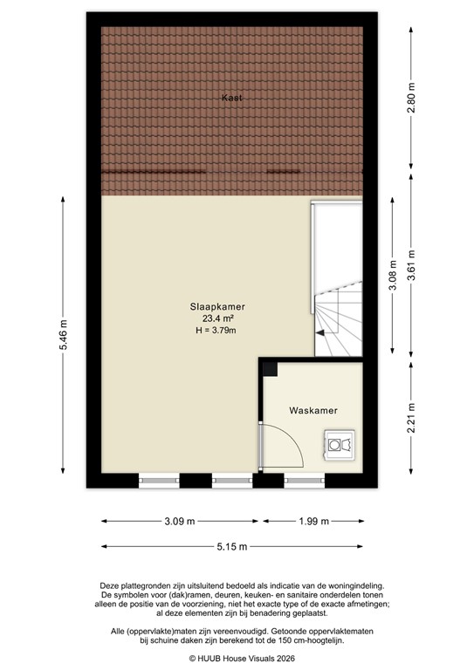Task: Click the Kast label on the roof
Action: coord(230,99)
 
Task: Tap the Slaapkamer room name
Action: coord(217,306)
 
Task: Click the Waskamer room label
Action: coord(313,410)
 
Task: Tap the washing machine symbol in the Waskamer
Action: coord(338,444)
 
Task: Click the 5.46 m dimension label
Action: coord(63,336)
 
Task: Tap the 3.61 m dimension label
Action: coord(411,277)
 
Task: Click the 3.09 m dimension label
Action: coord(181,522)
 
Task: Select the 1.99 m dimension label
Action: coord(313,522)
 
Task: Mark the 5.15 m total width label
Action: coord(232,547)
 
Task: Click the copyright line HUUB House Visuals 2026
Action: coord(236,659)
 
